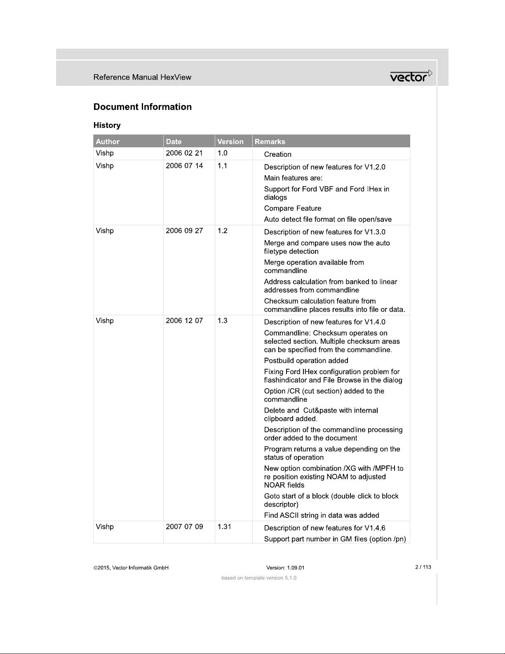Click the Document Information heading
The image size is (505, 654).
tap(142, 107)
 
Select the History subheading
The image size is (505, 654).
tap(107, 125)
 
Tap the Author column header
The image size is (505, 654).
tap(108, 142)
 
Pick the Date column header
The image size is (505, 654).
tap(174, 142)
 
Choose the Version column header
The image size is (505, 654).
tap(230, 142)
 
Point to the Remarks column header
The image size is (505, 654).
tap(270, 142)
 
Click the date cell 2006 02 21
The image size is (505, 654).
tap(184, 153)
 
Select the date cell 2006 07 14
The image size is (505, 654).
tap(184, 166)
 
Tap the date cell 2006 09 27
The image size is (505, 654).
tap(184, 231)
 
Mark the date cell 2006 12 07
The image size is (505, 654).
tap(184, 321)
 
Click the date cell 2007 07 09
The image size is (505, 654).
tap(184, 527)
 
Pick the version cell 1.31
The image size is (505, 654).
tap(224, 527)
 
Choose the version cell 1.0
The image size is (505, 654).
tap(222, 153)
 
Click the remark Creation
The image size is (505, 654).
tap(277, 154)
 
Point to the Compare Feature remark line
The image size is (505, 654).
tap(292, 208)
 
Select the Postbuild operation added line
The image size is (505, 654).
tap(306, 361)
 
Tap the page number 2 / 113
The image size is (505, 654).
tap(423, 567)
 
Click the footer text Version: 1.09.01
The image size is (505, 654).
tap(285, 568)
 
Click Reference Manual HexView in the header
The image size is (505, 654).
tap(142, 77)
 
